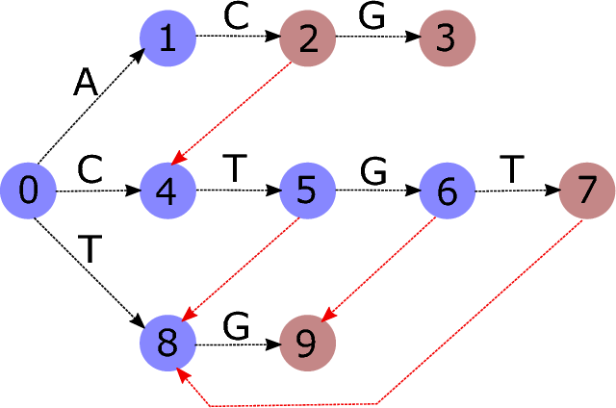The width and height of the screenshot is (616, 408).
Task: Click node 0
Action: (x=29, y=191)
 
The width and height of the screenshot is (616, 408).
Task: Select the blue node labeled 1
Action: (x=167, y=39)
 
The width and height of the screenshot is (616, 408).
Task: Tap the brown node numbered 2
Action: (x=308, y=39)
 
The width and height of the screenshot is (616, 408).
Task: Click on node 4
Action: (x=167, y=191)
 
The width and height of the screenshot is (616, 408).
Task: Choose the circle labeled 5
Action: (x=308, y=191)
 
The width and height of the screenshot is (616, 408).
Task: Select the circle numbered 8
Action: (x=167, y=344)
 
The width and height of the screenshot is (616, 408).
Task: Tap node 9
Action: (x=308, y=344)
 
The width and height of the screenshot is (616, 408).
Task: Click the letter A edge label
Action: (x=87, y=85)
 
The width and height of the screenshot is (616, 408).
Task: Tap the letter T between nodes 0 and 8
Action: (x=90, y=250)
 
